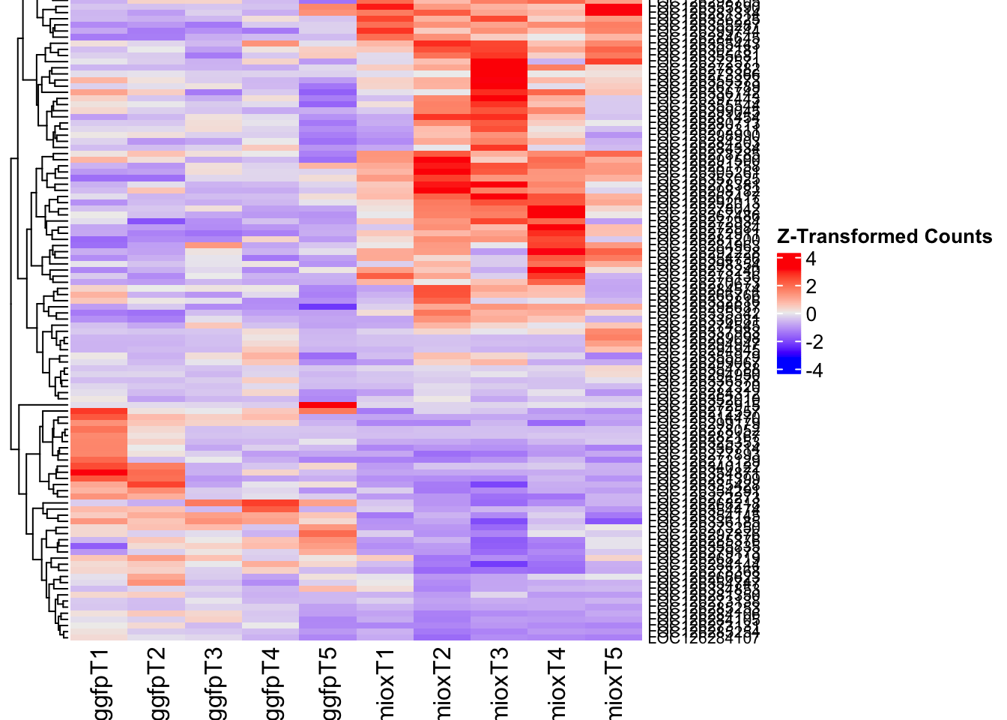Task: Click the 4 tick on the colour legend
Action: pos(811,259)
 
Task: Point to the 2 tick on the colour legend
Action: pos(811,287)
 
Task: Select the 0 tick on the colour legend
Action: pos(811,315)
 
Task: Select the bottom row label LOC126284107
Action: pos(704,639)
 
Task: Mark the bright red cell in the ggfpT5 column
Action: pos(327,406)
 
